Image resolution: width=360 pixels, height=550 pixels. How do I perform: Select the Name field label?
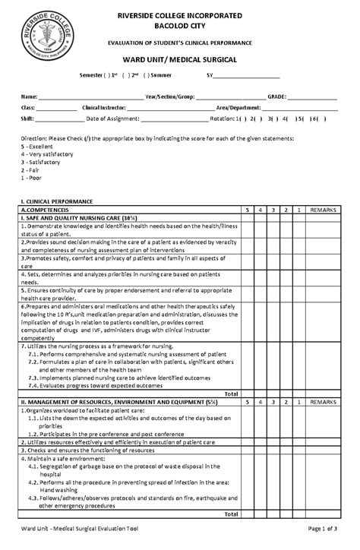click(28, 98)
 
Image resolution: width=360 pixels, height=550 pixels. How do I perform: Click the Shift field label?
click(27, 119)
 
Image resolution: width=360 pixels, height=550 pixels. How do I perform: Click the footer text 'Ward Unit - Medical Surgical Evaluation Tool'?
click(80, 528)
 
